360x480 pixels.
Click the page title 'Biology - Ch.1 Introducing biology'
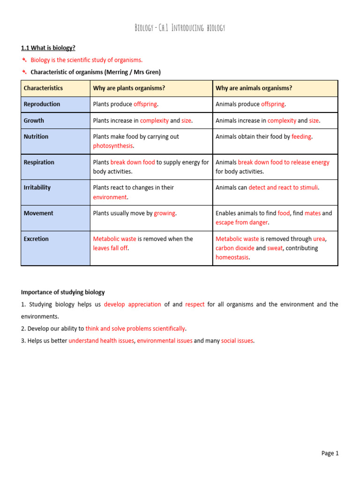point(180,28)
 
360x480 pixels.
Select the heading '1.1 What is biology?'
point(48,48)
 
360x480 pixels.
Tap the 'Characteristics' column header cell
point(43,88)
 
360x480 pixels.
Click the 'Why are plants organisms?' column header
point(129,88)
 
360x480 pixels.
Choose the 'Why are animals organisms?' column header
point(254,88)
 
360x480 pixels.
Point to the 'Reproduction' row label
point(42,104)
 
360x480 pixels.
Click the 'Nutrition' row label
point(36,136)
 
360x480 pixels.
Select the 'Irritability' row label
point(37,187)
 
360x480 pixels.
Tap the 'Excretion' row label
point(36,239)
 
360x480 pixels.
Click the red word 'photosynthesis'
point(113,146)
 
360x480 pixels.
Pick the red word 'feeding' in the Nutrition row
point(301,136)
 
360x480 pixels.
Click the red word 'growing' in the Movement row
point(165,213)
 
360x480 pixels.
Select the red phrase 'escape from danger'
point(241,222)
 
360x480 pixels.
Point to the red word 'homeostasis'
point(232,257)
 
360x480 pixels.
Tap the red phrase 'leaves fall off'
point(110,248)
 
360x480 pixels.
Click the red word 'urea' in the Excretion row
point(319,239)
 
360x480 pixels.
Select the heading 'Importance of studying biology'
point(63,292)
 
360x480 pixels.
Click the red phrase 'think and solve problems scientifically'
point(135,329)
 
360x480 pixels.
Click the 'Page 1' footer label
point(330,453)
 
